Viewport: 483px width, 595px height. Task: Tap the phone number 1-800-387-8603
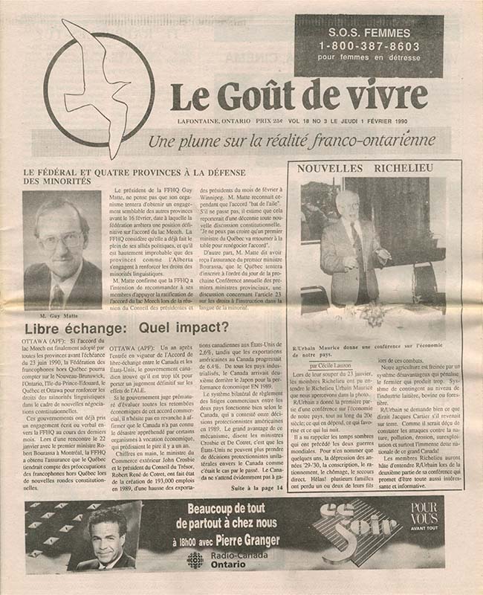click(x=369, y=45)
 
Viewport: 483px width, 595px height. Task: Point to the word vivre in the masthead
click(x=387, y=95)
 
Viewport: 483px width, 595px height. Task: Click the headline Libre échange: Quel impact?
click(x=126, y=328)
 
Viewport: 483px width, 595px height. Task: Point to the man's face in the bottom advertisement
click(x=106, y=530)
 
